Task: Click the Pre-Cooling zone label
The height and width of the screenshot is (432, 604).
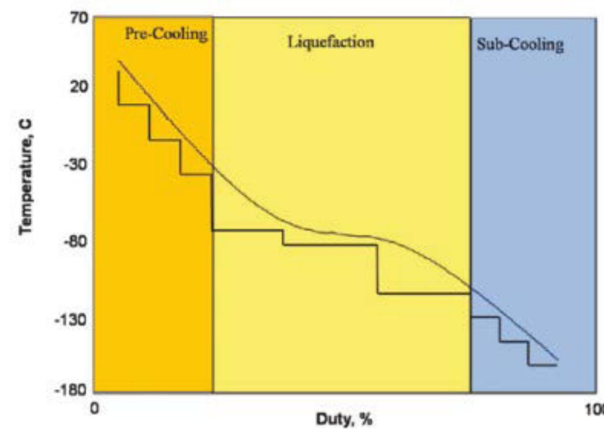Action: pos(166,35)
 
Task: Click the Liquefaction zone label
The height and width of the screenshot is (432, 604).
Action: pos(332,42)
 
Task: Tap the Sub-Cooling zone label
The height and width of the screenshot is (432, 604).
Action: pos(520,45)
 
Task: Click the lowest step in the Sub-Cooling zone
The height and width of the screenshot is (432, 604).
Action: pos(542,365)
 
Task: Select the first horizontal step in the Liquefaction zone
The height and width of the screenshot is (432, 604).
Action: pos(247,230)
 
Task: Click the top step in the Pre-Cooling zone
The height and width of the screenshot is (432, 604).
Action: pos(134,105)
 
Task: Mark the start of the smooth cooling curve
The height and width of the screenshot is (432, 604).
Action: pos(119,61)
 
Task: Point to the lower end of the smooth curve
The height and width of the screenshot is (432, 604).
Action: pos(557,360)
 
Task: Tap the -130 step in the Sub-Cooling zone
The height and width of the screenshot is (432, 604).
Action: pos(484,317)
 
